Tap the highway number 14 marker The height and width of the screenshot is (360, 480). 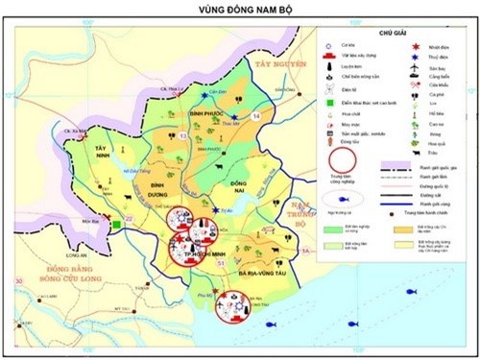point(255,116)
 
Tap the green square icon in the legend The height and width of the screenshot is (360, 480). point(332,98)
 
